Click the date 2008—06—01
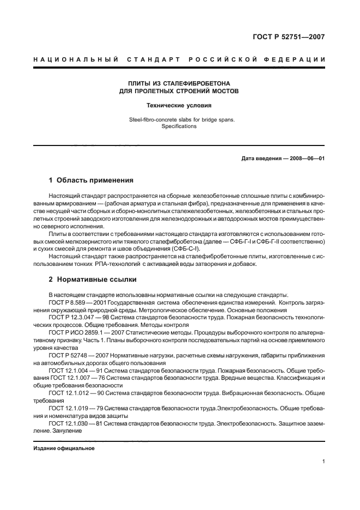pos(306,159)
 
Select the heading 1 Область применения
pos(91,180)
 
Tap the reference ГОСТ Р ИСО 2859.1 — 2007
pos(82,331)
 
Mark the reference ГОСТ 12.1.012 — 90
pos(72,392)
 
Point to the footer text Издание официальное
pos(64,448)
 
